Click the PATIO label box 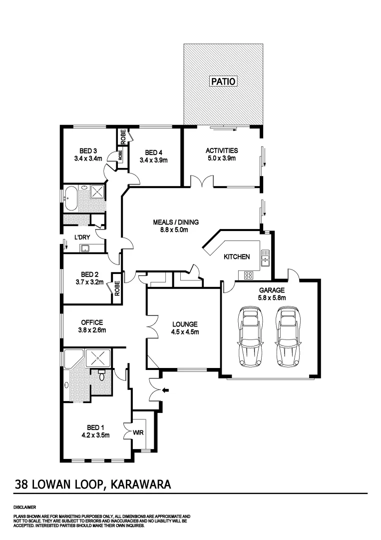[222, 80]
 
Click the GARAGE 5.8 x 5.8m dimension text [271, 297]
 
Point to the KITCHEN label [236, 256]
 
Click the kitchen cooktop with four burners [248, 274]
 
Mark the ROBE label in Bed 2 [117, 288]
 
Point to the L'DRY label [82, 237]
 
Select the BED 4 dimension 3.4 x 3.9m [153, 160]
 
